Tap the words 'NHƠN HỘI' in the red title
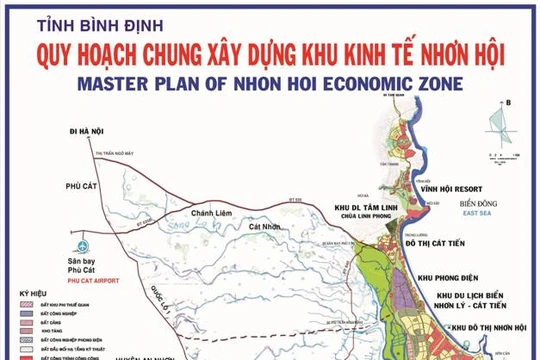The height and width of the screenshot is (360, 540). [x=445, y=58]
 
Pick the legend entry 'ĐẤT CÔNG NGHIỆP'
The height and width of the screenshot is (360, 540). [x=59, y=314]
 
